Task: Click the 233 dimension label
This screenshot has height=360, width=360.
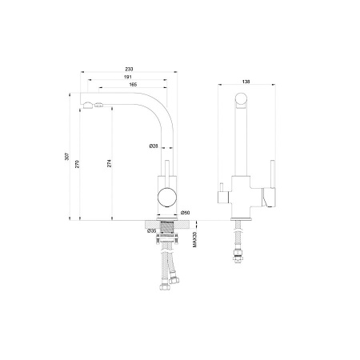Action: pos(129,69)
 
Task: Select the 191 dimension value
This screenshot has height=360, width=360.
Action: pos(128,77)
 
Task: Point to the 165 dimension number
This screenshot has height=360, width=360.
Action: pos(133,85)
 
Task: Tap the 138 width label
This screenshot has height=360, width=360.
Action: pos(246,82)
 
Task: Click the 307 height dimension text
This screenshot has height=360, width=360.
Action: pos(67,157)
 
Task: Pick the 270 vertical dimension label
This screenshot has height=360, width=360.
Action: pos(77,164)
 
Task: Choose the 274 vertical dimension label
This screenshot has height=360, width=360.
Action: pos(109,163)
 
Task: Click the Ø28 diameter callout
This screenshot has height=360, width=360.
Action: pos(154,146)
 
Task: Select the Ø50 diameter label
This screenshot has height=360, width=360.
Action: pos(185,213)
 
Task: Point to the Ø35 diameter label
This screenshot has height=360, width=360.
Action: pos(151,231)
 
